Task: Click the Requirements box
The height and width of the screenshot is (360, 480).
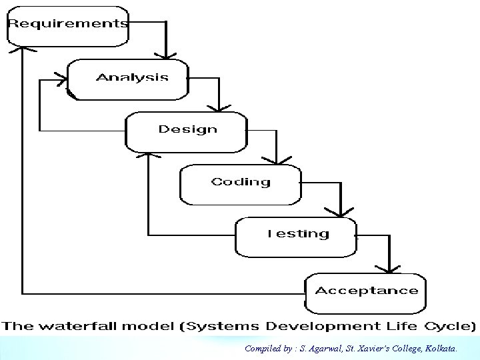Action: tap(67, 26)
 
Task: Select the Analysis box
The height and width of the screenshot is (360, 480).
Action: tap(128, 79)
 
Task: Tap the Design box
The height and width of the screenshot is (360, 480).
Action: tap(186, 131)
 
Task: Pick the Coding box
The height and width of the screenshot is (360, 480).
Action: tap(240, 184)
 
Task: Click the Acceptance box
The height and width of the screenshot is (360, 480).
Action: tap(365, 293)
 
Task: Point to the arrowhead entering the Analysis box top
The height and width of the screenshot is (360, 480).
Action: tap(167, 53)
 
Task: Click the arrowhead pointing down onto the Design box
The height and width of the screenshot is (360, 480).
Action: tap(219, 107)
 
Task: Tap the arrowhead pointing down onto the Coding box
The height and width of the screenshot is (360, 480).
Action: tap(276, 160)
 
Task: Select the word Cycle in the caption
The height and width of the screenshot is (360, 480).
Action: tap(453, 327)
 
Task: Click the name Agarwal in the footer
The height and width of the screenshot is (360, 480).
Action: tap(322, 349)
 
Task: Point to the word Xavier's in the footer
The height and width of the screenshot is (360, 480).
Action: tap(378, 349)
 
